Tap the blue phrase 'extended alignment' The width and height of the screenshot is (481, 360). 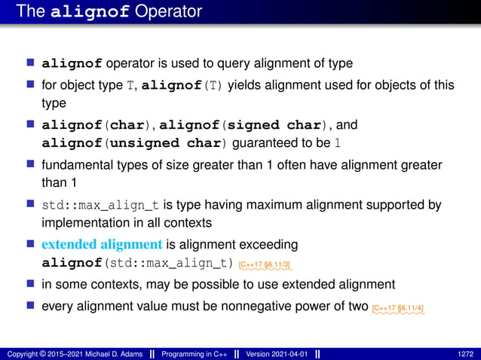[102, 245]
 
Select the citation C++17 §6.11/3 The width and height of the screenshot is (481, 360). [265, 264]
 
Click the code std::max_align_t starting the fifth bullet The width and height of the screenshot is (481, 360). [84, 205]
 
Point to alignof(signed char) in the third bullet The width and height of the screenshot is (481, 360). [229, 124]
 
